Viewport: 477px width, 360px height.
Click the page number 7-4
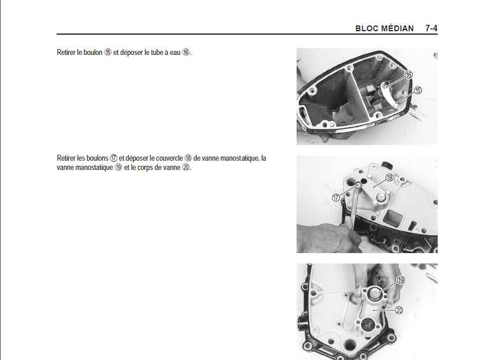coord(431,28)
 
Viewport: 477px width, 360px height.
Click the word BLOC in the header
coord(365,28)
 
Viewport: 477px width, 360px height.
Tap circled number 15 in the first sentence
coord(108,53)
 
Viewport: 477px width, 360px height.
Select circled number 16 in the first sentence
coord(186,53)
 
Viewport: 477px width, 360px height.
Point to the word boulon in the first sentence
coord(92,53)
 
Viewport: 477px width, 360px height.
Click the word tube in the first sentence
coord(157,53)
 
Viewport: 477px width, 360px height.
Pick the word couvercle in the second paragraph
coord(169,158)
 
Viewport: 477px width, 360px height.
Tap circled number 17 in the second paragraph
coord(113,158)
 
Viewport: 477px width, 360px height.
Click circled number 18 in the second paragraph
coord(188,158)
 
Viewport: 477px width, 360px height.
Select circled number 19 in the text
coord(119,168)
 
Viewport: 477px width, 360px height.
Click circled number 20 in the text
coord(186,168)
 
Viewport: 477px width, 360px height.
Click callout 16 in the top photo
coord(409,75)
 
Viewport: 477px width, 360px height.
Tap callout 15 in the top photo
coord(418,90)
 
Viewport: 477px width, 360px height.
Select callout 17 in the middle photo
coord(336,198)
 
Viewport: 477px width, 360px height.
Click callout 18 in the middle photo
coord(389,177)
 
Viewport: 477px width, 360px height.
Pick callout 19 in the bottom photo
coord(401,280)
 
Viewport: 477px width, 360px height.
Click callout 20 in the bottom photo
coord(399,310)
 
